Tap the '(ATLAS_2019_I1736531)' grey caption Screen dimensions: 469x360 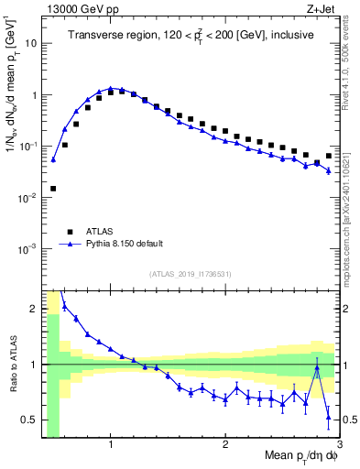(x=191, y=274)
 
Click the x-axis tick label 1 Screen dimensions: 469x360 (x=111, y=444)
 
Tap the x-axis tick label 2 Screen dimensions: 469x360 (x=225, y=444)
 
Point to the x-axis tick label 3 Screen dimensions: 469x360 (x=338, y=444)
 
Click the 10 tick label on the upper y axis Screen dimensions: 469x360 (x=31, y=43)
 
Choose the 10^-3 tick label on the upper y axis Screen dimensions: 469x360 (x=28, y=249)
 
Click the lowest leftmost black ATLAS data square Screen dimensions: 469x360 (x=53, y=189)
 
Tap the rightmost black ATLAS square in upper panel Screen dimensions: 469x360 (x=329, y=156)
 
